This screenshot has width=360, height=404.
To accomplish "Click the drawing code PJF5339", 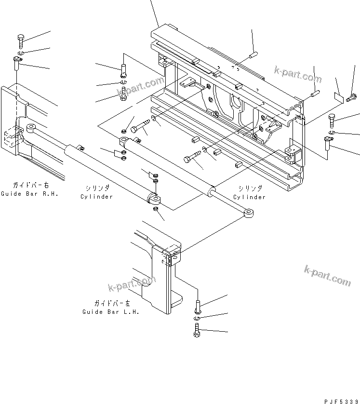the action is [x=342, y=402].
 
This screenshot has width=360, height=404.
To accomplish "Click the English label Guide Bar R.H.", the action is [x=29, y=194].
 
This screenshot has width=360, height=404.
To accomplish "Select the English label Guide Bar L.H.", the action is [x=111, y=312].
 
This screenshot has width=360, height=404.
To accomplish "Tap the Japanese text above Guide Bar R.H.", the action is [x=31, y=185].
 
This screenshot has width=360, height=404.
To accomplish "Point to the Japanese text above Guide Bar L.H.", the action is [x=112, y=303].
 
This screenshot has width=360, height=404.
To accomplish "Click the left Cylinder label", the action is [x=96, y=197].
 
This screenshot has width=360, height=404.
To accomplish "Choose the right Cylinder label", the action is [x=249, y=197].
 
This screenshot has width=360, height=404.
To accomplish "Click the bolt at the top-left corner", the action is [x=21, y=41].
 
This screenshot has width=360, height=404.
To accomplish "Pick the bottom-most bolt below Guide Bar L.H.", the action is [x=197, y=330].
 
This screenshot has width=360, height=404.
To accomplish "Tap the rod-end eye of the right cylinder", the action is [x=249, y=213].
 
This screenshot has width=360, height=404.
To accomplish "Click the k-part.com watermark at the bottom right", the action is [x=327, y=276].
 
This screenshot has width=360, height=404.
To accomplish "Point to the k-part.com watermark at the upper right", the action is [x=298, y=74].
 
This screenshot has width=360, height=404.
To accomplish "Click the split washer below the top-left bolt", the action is [x=21, y=53].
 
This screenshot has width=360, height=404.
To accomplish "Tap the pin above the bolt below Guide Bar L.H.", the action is [x=198, y=307].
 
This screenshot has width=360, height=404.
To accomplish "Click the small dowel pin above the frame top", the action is [x=253, y=55].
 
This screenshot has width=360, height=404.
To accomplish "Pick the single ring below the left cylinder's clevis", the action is [x=155, y=208].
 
